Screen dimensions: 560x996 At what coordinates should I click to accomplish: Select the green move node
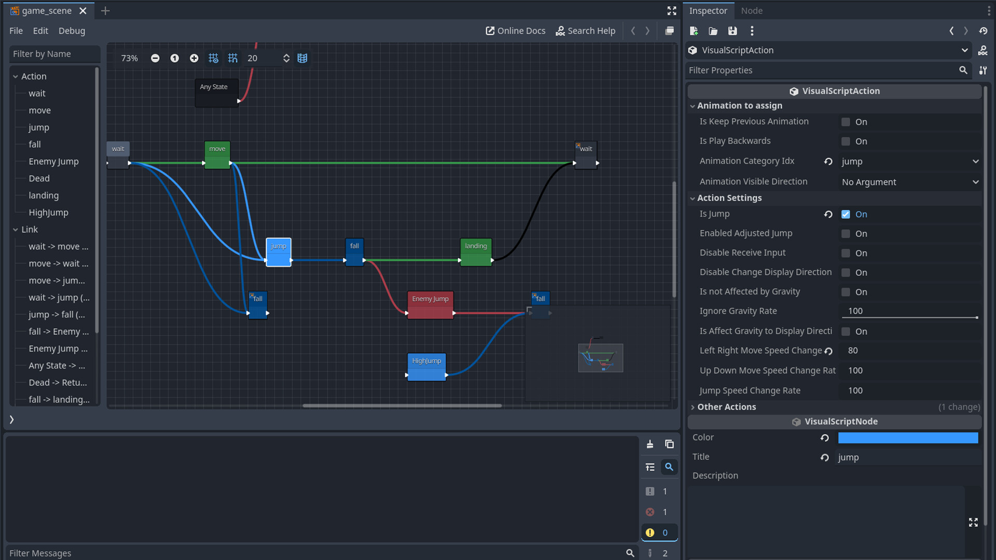[x=217, y=155]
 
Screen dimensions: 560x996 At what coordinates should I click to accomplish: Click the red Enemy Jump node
[x=430, y=304]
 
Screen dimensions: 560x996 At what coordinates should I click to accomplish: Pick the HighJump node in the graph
[x=426, y=366]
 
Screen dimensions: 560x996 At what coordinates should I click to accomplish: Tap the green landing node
[x=476, y=251]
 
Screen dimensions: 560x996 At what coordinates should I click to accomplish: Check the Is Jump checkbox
[x=846, y=214]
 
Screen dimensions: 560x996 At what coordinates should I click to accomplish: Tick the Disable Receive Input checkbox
[x=846, y=253]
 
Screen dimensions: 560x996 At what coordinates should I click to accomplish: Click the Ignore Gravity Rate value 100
[x=908, y=311]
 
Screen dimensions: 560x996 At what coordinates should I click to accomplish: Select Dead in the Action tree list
[x=39, y=178]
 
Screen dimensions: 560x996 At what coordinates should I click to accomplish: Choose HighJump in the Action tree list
[x=48, y=213]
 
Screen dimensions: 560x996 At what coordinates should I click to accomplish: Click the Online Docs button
[x=515, y=31]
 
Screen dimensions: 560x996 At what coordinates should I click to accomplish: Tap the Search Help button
[x=585, y=31]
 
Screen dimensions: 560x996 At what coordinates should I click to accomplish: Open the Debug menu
[x=72, y=31]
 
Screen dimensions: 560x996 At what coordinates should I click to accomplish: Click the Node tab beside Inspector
[x=751, y=10]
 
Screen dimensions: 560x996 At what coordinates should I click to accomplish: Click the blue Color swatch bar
[x=908, y=438]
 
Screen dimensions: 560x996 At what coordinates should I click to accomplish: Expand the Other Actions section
[x=726, y=407]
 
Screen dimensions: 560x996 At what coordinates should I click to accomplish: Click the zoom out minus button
[x=155, y=58]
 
